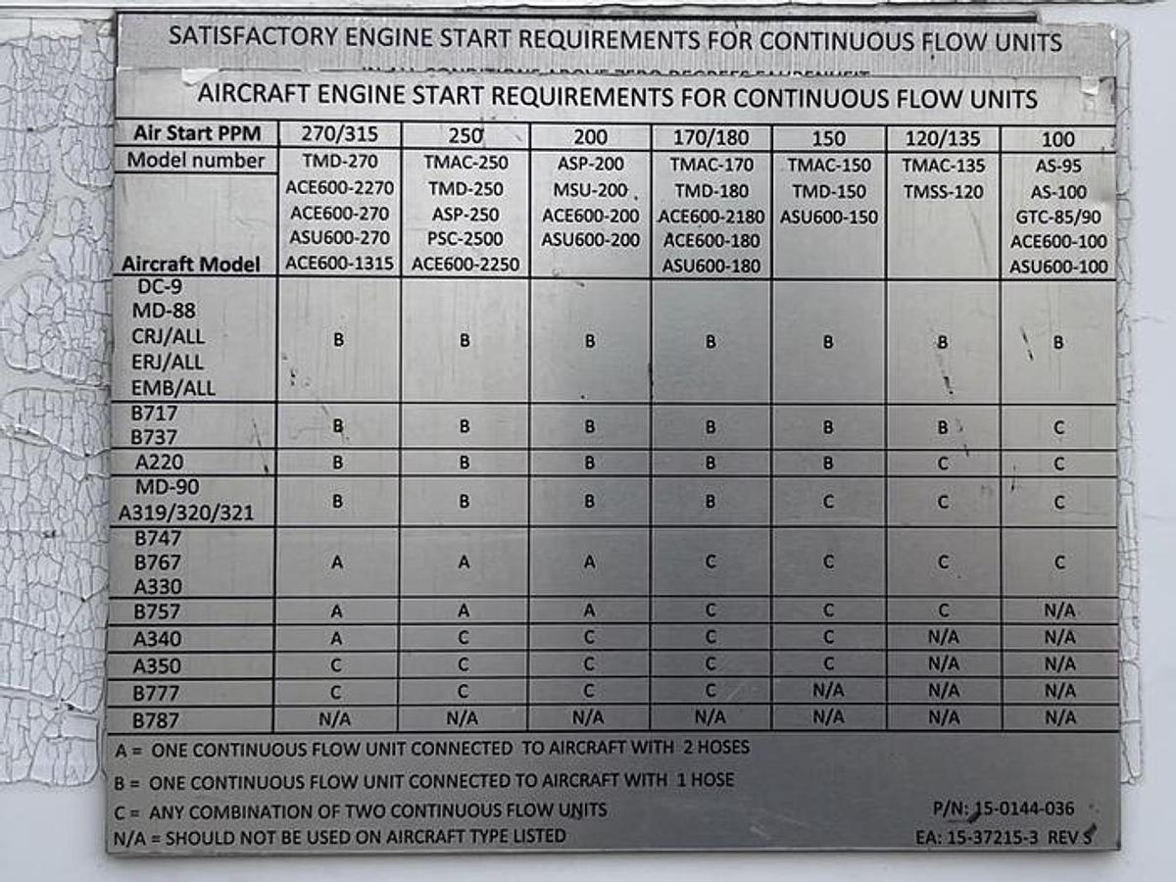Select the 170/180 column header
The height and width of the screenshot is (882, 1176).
point(710,138)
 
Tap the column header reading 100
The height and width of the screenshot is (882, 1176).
point(1058,139)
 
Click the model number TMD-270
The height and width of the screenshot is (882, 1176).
point(338,163)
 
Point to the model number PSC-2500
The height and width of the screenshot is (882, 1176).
point(465,239)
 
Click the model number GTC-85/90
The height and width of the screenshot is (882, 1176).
point(1058,217)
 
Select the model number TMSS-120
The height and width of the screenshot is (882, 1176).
point(943,192)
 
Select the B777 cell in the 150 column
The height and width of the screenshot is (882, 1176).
point(828,691)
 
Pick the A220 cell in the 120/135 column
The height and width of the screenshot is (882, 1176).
point(943,464)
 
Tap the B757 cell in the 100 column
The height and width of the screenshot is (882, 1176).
point(1058,612)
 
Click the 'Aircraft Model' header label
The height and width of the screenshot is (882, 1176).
point(191,265)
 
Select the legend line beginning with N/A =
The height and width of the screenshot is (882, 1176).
point(340,837)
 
